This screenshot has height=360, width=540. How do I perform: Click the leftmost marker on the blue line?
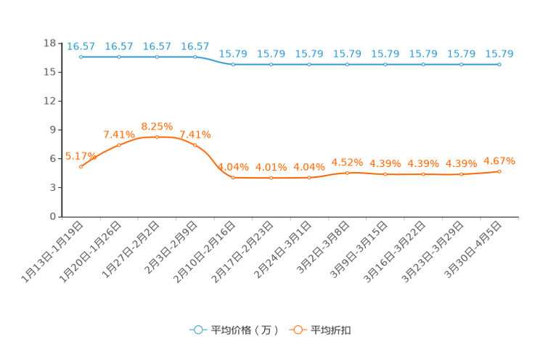pos(81,56)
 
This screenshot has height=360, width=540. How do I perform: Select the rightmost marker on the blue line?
pos(499,65)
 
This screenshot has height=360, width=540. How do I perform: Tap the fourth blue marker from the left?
pos(195,56)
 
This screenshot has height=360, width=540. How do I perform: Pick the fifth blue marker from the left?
pos(233,65)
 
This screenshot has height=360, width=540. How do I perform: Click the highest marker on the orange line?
pos(157,136)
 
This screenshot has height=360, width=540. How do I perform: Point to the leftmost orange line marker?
pos(81,166)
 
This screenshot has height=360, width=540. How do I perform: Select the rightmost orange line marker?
pos(499,171)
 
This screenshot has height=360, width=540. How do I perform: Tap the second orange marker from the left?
pos(119,145)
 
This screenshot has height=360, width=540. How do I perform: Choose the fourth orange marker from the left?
pos(195,145)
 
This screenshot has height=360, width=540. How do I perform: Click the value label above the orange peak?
pos(157,125)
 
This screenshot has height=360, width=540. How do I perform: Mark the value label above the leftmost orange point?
pos(81,155)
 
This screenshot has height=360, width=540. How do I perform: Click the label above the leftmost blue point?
pos(81,46)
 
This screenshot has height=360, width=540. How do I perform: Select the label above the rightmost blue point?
pos(499,54)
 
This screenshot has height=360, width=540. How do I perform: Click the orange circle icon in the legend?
pos(298,330)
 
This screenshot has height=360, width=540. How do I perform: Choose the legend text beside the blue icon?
pos(244,330)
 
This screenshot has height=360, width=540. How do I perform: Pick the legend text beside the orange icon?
pos(332,330)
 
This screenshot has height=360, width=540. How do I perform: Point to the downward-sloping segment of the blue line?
pos(214,61)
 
